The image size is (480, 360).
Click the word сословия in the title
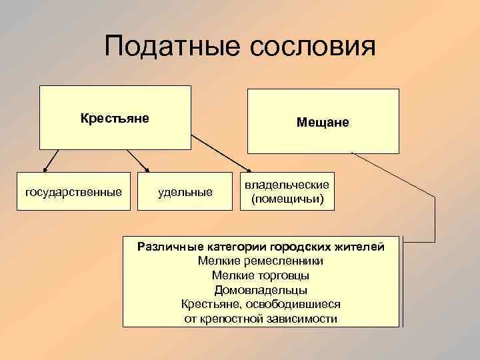point(313,48)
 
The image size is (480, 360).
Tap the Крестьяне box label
point(115,119)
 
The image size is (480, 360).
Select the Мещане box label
point(323,123)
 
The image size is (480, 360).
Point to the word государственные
point(73,193)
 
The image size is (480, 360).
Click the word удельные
point(185,193)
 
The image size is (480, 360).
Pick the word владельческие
point(287,185)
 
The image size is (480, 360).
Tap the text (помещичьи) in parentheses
point(287,199)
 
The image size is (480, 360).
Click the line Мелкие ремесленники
point(261,261)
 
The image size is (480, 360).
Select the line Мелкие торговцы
point(261,275)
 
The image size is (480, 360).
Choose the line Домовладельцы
point(261,290)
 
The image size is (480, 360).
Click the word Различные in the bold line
point(166,247)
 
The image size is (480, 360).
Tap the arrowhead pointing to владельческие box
point(249,172)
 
